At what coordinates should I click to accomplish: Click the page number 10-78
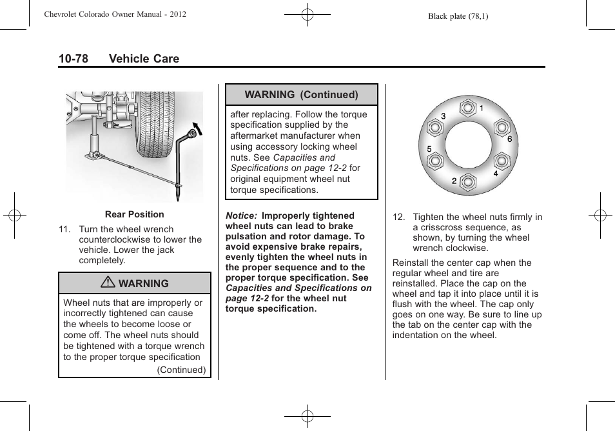pyautogui.click(x=73, y=59)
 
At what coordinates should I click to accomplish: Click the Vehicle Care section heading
pyautogui.click(x=144, y=59)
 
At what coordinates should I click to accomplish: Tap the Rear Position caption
pyautogui.click(x=134, y=214)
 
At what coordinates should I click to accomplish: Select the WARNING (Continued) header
pyautogui.click(x=301, y=94)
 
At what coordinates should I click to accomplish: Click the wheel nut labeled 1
pyautogui.click(x=467, y=106)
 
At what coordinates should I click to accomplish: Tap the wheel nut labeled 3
pyautogui.click(x=434, y=126)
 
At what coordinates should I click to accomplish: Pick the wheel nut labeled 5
pyautogui.click(x=434, y=161)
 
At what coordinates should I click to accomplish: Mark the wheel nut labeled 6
pyautogui.click(x=502, y=126)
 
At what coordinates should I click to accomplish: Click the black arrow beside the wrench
pyautogui.click(x=197, y=129)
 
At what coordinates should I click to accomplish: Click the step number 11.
pyautogui.click(x=64, y=229)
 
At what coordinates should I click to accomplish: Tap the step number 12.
pyautogui.click(x=398, y=217)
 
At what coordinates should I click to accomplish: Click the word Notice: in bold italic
pyautogui.click(x=242, y=215)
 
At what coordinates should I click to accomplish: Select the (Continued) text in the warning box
pyautogui.click(x=181, y=370)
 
